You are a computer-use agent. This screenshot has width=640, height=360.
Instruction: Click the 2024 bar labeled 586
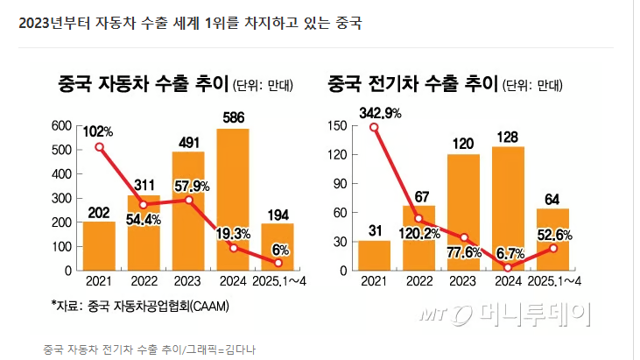[x=233, y=200]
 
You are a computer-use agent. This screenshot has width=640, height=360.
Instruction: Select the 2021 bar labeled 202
[x=99, y=246]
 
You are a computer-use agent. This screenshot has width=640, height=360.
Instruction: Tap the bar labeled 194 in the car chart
[x=278, y=247]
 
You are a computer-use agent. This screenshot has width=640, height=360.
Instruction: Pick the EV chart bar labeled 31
[x=375, y=256]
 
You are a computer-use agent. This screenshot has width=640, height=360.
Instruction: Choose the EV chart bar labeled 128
[x=508, y=208]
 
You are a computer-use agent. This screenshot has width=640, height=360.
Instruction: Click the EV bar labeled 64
[x=552, y=240]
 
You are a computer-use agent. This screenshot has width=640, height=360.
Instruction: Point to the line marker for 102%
[x=99, y=147]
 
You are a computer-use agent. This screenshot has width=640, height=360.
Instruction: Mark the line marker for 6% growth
[x=278, y=264]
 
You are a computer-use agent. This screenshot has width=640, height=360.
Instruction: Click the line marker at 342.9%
[x=374, y=128]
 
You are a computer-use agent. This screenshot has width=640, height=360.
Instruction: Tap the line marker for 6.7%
[x=508, y=268]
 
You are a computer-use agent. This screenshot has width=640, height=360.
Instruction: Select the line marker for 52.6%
[x=553, y=248]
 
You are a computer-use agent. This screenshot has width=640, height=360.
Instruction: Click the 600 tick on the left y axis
[x=61, y=126]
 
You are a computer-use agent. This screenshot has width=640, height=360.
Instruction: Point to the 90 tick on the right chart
[x=340, y=184]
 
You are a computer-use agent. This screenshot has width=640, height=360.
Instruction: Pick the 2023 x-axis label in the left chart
[x=187, y=281]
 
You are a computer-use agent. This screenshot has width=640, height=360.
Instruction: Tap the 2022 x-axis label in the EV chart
[x=419, y=281]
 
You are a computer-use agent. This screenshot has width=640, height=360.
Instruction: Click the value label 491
[x=189, y=143]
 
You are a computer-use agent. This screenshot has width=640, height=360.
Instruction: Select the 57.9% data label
[x=192, y=187]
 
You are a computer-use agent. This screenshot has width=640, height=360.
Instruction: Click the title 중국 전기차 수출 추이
[x=412, y=84]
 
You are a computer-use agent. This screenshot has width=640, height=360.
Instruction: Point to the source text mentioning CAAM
[x=140, y=306]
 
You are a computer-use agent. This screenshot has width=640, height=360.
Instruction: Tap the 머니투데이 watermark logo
[x=506, y=314]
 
